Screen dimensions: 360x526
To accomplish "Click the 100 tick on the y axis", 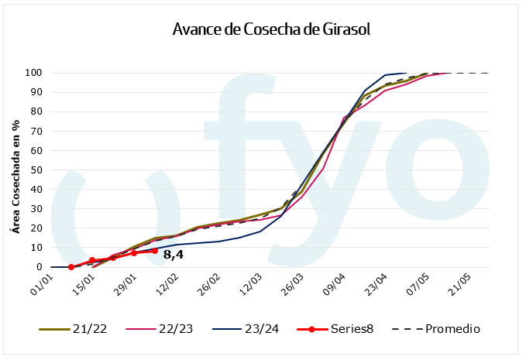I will tap(33, 73).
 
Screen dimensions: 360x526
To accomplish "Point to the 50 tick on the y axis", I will tap(35, 170).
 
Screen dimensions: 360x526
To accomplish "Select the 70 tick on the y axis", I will tap(35, 132).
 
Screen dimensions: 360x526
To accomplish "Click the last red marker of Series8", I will tap(155, 251).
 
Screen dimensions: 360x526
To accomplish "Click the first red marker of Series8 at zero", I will tap(71, 267).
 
